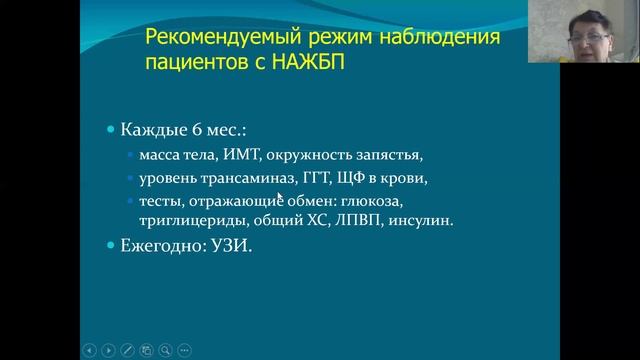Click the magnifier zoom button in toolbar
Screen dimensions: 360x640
165,351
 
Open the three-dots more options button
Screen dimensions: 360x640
184,351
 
